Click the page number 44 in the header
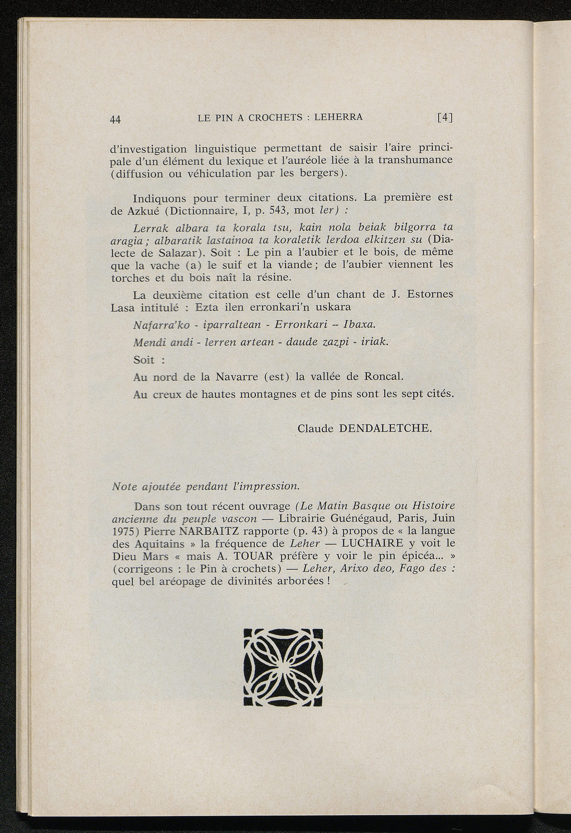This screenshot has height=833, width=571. click(116, 119)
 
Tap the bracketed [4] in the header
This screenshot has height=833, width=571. click(445, 118)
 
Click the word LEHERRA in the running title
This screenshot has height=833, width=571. click(338, 117)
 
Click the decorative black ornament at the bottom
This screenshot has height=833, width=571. click(283, 667)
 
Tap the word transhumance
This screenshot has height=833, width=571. click(415, 160)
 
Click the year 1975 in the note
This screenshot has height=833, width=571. click(122, 531)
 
